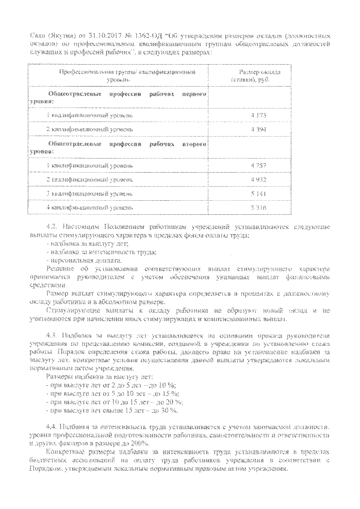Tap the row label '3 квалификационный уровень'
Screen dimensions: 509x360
[x=90, y=193]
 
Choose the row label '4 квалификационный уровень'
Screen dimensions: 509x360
[x=90, y=208]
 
